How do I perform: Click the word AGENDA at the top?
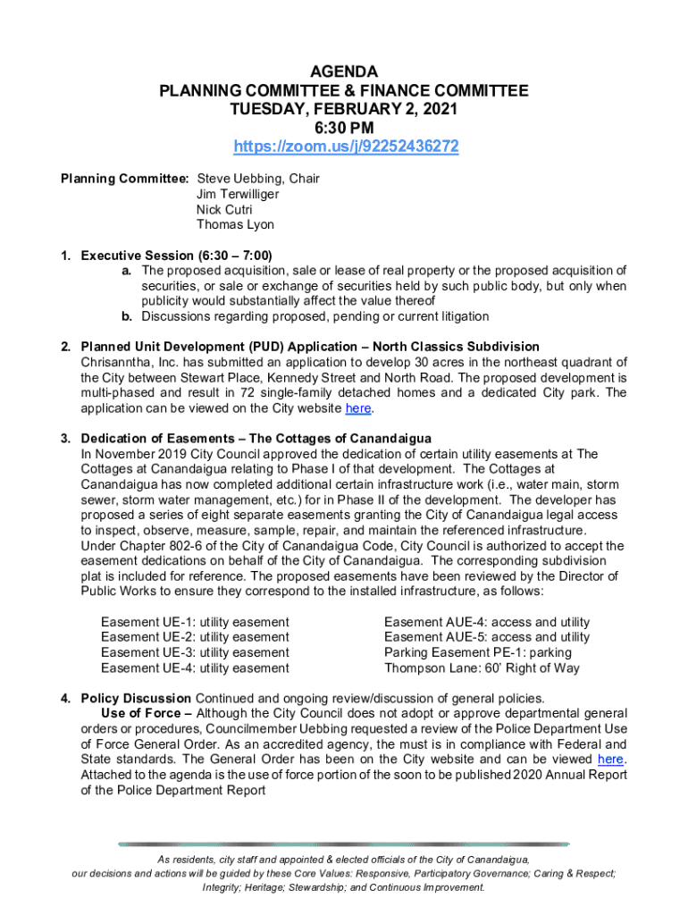(344, 71)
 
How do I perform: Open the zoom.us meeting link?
(346, 146)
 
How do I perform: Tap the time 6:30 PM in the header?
(344, 127)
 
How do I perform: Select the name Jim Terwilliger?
(238, 194)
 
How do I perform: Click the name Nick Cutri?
(224, 209)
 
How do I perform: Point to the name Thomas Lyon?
(235, 224)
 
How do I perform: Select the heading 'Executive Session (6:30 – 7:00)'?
(177, 255)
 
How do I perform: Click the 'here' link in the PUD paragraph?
(357, 408)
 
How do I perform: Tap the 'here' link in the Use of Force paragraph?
(610, 760)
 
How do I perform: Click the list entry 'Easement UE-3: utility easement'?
(195, 652)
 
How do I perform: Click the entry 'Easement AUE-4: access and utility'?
(487, 622)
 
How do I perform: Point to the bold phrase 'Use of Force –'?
(147, 713)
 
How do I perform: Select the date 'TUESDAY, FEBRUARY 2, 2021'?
(344, 109)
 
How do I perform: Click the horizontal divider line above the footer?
(344, 844)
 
